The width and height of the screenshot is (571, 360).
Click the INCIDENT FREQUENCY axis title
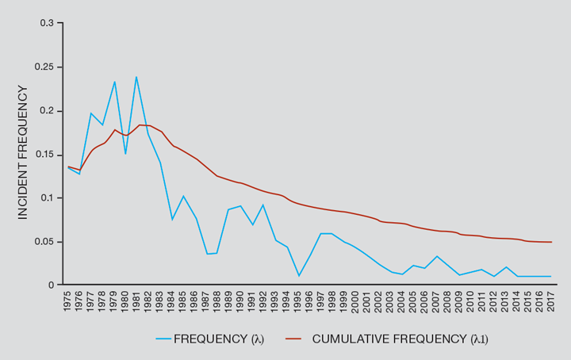point(21,152)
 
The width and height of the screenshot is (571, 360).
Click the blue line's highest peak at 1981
point(136,77)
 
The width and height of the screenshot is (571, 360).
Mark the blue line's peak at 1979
point(114,82)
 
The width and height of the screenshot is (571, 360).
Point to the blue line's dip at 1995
point(298,276)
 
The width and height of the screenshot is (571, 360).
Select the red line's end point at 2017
point(550,242)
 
